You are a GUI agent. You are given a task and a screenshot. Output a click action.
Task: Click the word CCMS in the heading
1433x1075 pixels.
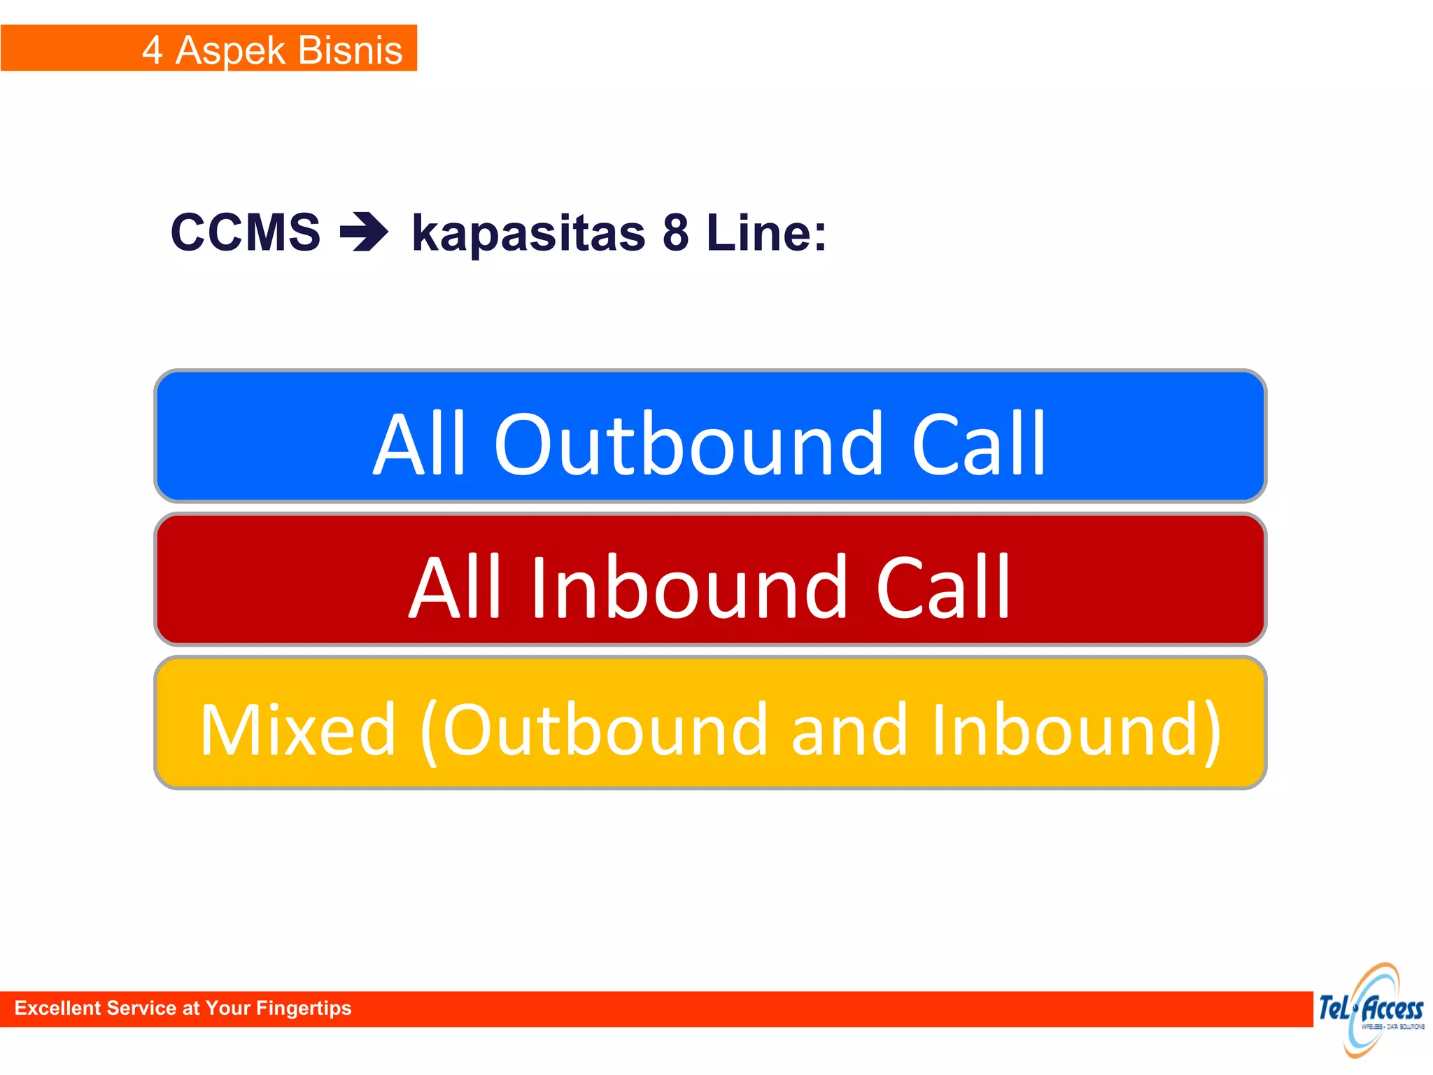coord(246,232)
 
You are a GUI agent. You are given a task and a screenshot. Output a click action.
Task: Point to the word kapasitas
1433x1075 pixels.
coord(528,234)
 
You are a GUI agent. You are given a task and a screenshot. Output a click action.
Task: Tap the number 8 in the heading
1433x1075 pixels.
coord(676,232)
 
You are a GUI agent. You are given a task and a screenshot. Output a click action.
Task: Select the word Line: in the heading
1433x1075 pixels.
coord(766,232)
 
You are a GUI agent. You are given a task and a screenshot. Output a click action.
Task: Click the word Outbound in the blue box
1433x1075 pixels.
coord(689,444)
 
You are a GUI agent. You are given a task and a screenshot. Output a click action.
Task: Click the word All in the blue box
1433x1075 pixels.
coord(420,444)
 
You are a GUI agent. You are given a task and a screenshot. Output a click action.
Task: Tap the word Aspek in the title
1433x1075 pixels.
coord(230,50)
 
